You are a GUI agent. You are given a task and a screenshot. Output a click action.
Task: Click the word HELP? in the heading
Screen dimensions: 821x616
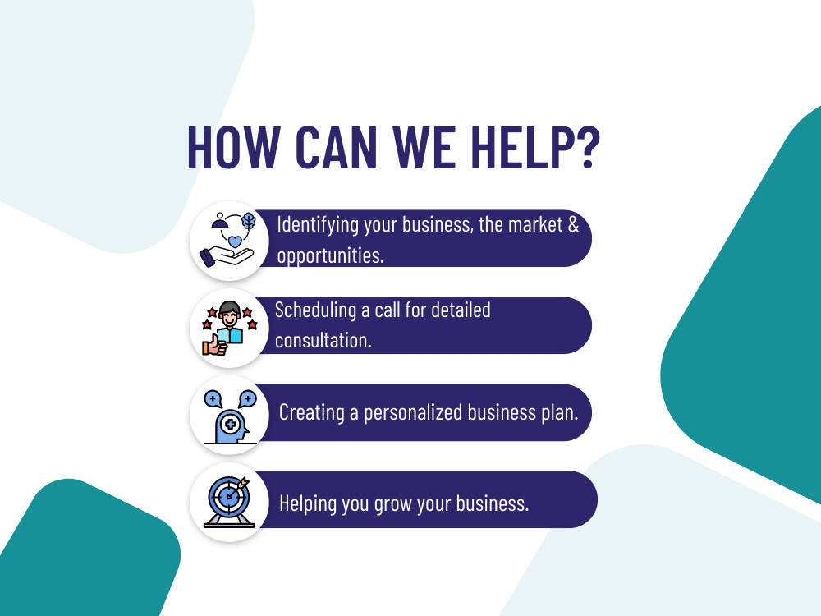(x=534, y=147)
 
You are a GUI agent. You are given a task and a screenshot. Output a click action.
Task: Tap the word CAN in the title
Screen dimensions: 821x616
(x=336, y=147)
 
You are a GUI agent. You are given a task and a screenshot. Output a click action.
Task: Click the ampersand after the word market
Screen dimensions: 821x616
(x=573, y=225)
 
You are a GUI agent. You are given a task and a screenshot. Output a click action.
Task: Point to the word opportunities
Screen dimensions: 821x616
(x=330, y=255)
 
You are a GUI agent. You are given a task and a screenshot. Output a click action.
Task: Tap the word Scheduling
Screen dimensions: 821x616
(x=315, y=310)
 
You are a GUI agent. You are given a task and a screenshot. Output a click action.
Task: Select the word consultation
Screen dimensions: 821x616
(x=323, y=341)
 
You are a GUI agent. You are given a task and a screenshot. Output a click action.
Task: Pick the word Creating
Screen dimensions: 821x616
(x=311, y=413)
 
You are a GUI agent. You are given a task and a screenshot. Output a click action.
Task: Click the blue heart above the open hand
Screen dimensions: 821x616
(x=235, y=241)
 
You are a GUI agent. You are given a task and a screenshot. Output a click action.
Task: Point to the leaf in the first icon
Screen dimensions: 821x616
(x=249, y=222)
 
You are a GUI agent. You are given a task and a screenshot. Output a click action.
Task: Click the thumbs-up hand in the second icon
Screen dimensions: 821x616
(x=214, y=346)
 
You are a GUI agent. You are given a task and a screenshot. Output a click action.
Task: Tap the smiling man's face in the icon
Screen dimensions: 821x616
(x=229, y=317)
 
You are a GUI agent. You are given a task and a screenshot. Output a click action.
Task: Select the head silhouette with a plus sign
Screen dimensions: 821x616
(x=231, y=426)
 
